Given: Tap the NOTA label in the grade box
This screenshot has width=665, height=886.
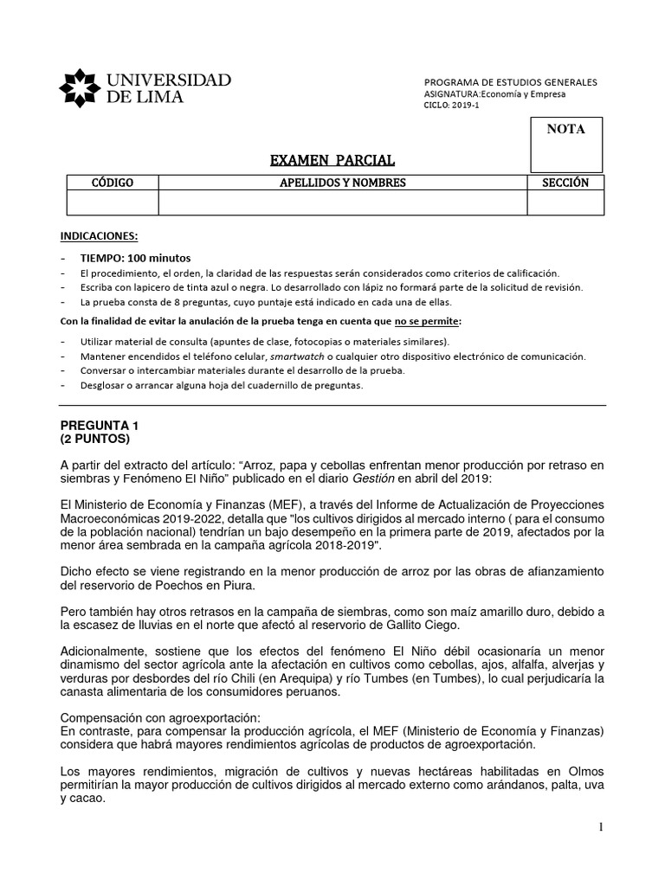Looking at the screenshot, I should click(x=565, y=130).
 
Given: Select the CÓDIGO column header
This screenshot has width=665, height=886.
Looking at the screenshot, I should click(x=113, y=183).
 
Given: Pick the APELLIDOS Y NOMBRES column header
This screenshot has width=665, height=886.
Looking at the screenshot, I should click(x=342, y=183).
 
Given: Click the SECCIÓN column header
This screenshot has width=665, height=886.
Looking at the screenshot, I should click(x=565, y=183).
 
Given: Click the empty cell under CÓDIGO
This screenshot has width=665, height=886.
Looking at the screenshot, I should click(x=113, y=202).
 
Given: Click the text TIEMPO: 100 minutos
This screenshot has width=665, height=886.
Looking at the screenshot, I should click(x=136, y=258).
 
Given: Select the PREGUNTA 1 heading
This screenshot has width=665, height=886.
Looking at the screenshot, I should click(x=99, y=427).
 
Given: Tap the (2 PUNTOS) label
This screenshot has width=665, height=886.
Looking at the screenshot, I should click(x=95, y=440).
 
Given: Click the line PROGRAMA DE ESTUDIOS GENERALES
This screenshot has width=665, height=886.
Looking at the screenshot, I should click(x=510, y=81).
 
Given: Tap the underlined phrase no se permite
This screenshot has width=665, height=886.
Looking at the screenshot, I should click(x=423, y=322).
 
